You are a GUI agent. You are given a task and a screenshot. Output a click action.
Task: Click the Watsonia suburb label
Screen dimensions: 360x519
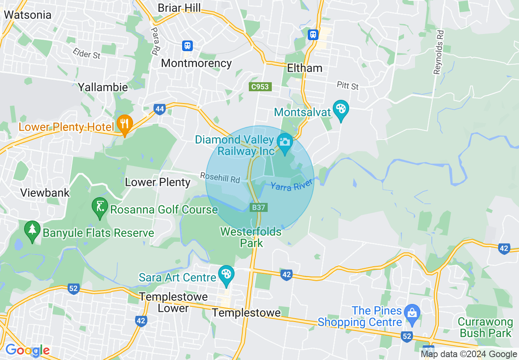point(27,15)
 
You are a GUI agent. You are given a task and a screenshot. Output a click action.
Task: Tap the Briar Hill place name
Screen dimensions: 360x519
point(179,8)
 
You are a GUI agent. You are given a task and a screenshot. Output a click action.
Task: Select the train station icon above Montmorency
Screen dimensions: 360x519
point(187,45)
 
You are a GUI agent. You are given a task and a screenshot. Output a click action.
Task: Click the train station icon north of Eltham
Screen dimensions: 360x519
point(313,34)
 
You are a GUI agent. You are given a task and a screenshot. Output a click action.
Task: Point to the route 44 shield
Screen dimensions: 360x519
point(160,109)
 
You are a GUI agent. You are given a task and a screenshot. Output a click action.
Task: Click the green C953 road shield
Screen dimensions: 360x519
point(260,87)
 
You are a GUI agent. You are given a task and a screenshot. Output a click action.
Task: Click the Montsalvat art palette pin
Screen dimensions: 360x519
point(341,110)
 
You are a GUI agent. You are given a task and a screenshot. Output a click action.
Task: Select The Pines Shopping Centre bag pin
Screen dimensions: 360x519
point(412,313)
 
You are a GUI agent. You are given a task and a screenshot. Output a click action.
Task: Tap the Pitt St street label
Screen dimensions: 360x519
point(348,85)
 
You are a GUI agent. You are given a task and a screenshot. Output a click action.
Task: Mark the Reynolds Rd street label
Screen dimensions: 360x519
point(439,57)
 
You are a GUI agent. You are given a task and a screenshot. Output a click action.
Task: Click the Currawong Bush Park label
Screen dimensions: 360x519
point(485,327)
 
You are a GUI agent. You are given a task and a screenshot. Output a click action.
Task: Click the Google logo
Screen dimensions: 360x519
point(27,350)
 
